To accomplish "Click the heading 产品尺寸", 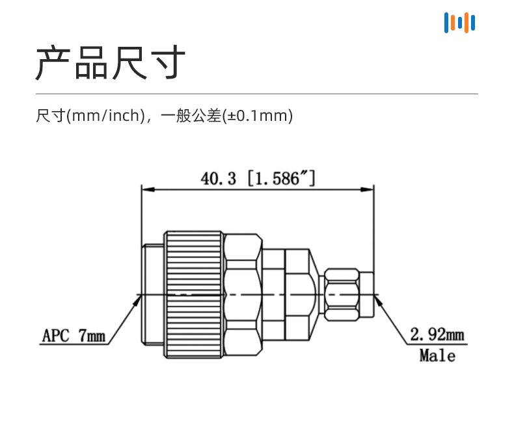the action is [x=111, y=62].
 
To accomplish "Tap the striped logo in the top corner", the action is [x=459, y=23].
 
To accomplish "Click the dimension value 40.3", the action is [x=219, y=179].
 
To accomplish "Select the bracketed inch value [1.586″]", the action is [x=281, y=179].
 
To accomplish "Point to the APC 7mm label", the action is [x=74, y=335].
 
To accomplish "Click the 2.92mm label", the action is [x=437, y=335].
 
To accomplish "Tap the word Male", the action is [x=437, y=355].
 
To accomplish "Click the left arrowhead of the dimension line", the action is [x=148, y=190].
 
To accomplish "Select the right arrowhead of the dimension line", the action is [x=367, y=190].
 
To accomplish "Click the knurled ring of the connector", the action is [x=194, y=294].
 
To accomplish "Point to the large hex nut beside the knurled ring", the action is [x=243, y=294].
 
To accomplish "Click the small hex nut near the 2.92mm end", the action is [x=342, y=294].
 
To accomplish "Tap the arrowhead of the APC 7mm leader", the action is [x=137, y=300].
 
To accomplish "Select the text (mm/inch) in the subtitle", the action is [x=105, y=116].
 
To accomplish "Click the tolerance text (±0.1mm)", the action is [x=258, y=116].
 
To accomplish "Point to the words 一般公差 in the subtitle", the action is [x=191, y=116].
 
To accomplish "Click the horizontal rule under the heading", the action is [x=256, y=94].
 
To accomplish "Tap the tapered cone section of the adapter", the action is [x=314, y=294].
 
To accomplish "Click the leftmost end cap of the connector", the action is [x=153, y=294].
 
